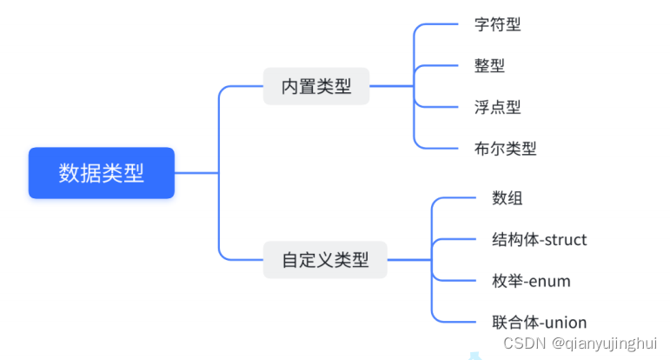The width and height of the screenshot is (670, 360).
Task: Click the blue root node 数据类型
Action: (x=102, y=173)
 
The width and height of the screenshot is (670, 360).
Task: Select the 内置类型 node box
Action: (x=316, y=86)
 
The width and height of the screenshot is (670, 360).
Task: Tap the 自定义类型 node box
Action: (x=325, y=259)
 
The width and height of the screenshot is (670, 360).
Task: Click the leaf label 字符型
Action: (x=497, y=24)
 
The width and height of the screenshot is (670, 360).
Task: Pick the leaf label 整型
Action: (x=489, y=65)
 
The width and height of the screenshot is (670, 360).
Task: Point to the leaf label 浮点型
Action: (x=497, y=107)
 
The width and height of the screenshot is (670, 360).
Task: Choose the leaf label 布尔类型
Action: (x=506, y=148)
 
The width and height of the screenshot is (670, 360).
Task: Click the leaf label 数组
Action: (x=507, y=198)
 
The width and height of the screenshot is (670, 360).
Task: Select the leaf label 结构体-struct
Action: (x=540, y=239)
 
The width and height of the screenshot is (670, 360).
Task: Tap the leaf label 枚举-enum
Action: (x=531, y=281)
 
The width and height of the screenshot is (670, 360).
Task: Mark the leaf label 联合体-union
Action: (x=540, y=322)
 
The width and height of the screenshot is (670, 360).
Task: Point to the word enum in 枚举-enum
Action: (x=551, y=281)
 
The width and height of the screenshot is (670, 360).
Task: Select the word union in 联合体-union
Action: (x=566, y=322)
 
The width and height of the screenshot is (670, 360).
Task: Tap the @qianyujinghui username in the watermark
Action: (x=605, y=343)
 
